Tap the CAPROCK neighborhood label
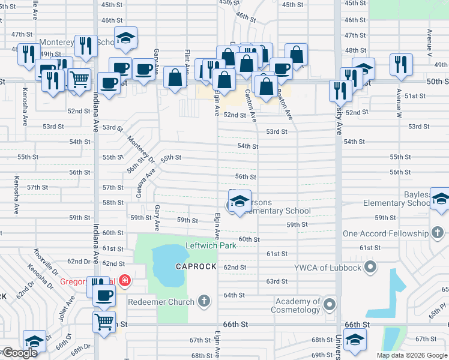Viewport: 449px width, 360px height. coord(196,266)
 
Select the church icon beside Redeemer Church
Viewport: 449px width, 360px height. coord(204,301)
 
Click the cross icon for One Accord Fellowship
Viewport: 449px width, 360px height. coord(438,233)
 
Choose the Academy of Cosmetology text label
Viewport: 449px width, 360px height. coord(298,306)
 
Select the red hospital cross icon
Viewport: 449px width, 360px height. coord(124,280)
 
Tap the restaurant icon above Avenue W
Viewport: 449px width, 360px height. coord(400,64)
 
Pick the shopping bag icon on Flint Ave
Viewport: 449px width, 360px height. coord(175,77)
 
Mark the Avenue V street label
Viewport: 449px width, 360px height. coord(429,43)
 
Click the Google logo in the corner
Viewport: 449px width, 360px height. coord(20,353)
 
